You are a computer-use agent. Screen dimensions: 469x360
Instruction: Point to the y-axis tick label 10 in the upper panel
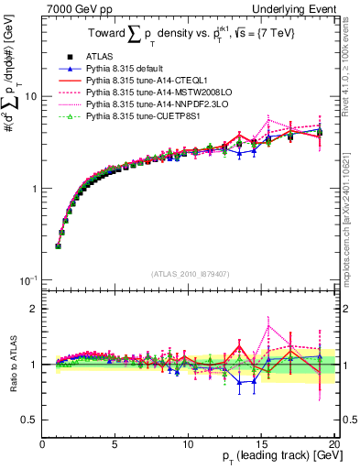pos(30,96)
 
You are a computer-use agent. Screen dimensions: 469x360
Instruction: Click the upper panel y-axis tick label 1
pos(34,189)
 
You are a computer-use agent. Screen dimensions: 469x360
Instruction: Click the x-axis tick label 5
pos(115,443)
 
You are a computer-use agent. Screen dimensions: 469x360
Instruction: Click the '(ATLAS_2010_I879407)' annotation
pos(189,272)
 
